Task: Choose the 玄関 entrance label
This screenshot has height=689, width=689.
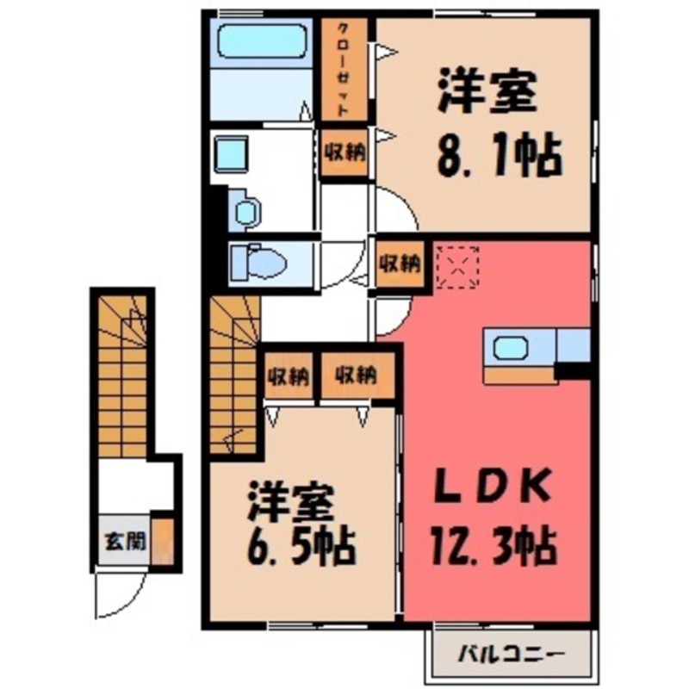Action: pyautogui.click(x=125, y=543)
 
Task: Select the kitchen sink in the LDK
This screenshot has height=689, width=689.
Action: pyautogui.click(x=511, y=348)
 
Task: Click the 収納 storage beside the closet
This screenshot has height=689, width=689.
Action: pyautogui.click(x=344, y=153)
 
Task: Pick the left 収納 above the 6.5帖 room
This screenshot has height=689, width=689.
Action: pyautogui.click(x=288, y=376)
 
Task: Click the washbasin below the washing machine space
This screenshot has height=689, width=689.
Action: pyautogui.click(x=246, y=212)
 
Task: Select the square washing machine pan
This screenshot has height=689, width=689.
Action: pyautogui.click(x=230, y=155)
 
